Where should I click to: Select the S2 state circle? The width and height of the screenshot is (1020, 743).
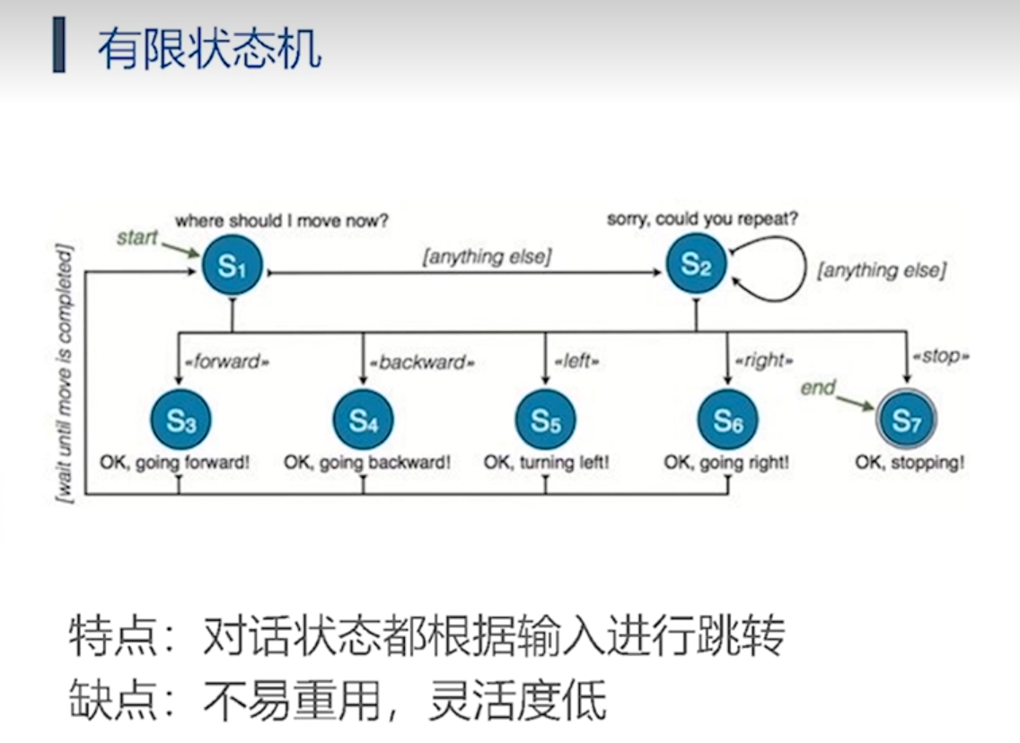[696, 264]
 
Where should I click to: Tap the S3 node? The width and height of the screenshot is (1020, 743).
[180, 420]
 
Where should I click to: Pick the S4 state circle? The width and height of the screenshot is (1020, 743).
[363, 420]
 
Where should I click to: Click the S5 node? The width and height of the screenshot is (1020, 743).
[545, 420]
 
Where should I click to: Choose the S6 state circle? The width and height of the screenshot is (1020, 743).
[727, 420]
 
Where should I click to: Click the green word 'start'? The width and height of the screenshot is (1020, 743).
[137, 238]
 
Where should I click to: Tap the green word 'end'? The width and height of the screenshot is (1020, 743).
[818, 388]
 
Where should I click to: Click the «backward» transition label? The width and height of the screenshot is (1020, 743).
[421, 363]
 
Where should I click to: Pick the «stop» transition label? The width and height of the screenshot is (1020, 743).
[941, 357]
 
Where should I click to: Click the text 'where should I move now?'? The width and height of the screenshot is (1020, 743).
[281, 220]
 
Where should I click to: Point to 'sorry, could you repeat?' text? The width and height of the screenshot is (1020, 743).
[702, 218]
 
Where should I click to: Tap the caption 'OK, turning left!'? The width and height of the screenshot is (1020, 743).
[546, 464]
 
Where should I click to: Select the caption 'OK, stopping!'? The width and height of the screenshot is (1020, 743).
[910, 464]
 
